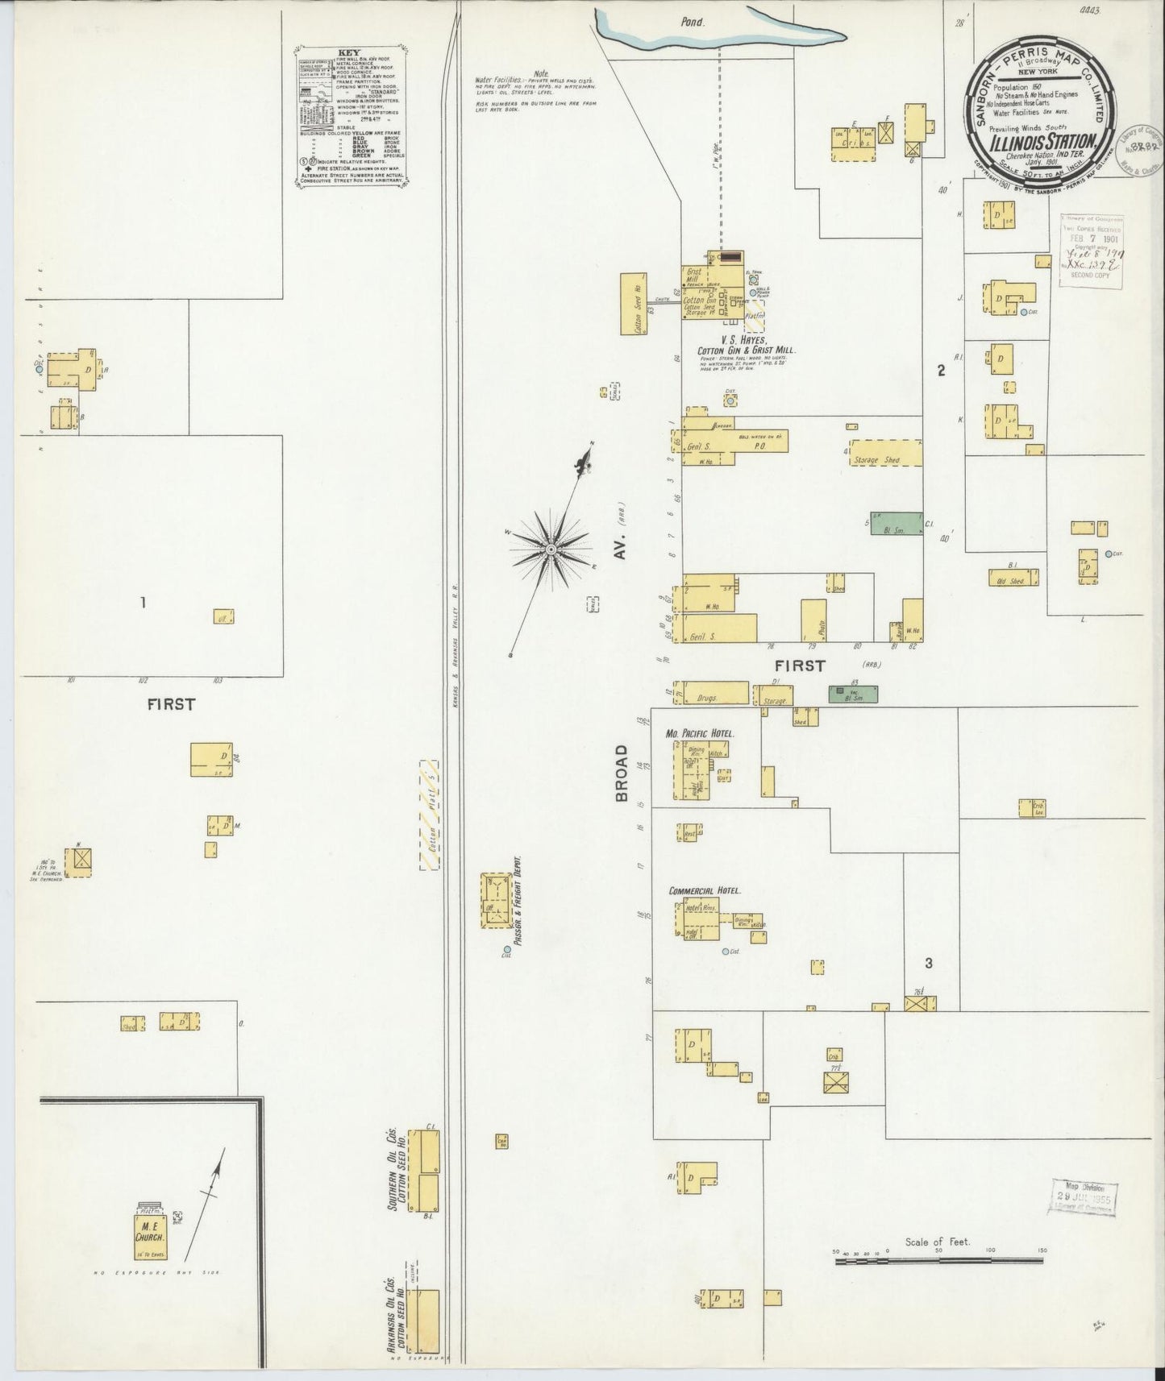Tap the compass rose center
point(551,549)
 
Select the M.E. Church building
point(149,1247)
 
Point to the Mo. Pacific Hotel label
point(701,734)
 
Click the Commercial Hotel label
point(705,891)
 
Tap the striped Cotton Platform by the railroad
point(430,815)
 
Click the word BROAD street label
point(622,773)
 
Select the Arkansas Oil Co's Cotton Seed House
point(423,1321)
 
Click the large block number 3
point(929,963)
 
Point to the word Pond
point(692,23)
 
